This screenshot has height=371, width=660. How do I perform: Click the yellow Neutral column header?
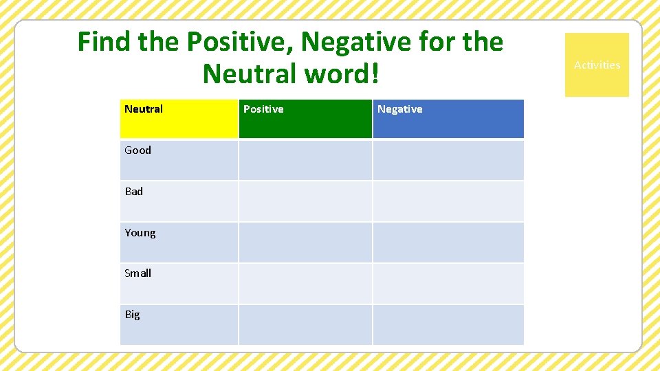pyautogui.click(x=179, y=119)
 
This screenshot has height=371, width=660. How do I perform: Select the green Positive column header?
pyautogui.click(x=305, y=119)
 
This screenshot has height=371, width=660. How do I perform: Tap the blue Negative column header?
pyautogui.click(x=448, y=119)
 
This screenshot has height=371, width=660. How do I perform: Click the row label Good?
pyautogui.click(x=138, y=150)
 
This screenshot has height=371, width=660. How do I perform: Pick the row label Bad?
pyautogui.click(x=134, y=192)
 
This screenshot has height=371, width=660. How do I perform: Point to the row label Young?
pyautogui.click(x=140, y=233)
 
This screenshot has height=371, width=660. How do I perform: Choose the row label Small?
pyautogui.click(x=138, y=273)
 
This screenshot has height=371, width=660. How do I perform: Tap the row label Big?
pyautogui.click(x=132, y=315)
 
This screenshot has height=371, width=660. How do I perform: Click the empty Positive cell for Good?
pyautogui.click(x=305, y=160)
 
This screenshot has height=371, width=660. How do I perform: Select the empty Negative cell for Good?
pyautogui.click(x=448, y=160)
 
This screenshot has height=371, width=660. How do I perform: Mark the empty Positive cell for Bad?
pyautogui.click(x=305, y=201)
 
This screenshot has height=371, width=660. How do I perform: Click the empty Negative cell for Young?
pyautogui.click(x=448, y=243)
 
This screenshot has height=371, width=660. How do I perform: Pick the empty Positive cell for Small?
pyautogui.click(x=305, y=284)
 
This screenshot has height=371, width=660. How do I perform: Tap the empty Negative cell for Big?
pyautogui.click(x=448, y=325)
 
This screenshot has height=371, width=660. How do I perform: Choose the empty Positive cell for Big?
pyautogui.click(x=305, y=325)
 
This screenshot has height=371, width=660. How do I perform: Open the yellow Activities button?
pyautogui.click(x=597, y=65)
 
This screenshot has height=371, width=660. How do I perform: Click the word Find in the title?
pyautogui.click(x=105, y=43)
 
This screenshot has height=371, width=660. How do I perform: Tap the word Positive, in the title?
pyautogui.click(x=240, y=43)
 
